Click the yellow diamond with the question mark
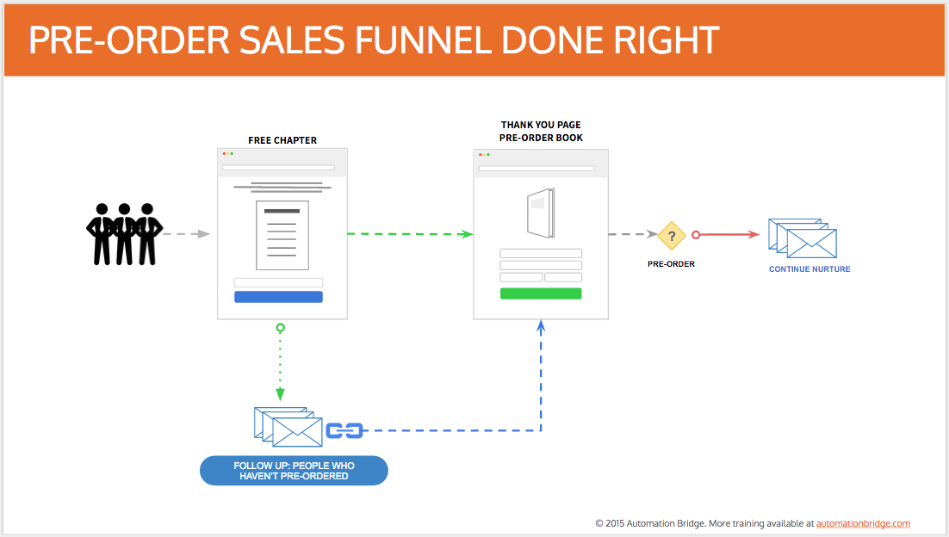click(x=671, y=236)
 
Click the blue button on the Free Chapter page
click(x=278, y=297)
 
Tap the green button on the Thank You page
click(x=541, y=293)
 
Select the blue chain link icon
click(x=344, y=430)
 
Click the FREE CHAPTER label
click(x=282, y=140)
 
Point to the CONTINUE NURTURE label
click(x=809, y=269)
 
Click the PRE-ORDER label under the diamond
click(x=671, y=264)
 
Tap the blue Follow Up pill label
click(x=295, y=471)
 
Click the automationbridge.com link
click(x=863, y=524)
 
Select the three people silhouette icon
click(x=124, y=234)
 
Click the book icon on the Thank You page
click(x=541, y=213)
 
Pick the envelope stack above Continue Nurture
click(x=803, y=238)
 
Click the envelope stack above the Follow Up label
click(x=288, y=427)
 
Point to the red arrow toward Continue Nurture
click(x=726, y=235)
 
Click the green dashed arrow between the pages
click(x=411, y=234)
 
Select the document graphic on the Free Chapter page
click(x=282, y=235)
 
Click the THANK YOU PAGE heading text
click(x=541, y=125)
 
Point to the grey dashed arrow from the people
click(x=186, y=234)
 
